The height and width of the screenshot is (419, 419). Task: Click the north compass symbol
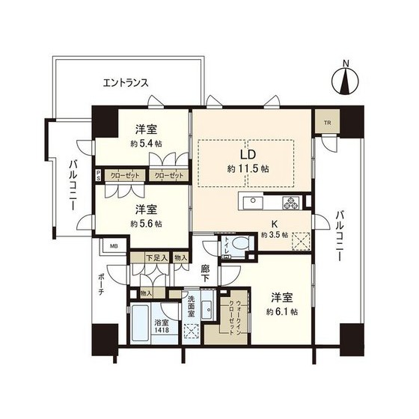(x=345, y=77)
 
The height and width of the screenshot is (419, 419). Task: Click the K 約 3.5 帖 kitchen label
(x=275, y=228)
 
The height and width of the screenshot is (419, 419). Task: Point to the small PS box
(x=98, y=175)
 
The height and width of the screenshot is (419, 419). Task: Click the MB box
(x=114, y=245)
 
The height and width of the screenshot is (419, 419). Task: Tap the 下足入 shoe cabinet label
(x=155, y=258)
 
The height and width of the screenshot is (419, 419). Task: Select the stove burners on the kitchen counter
(x=291, y=202)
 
